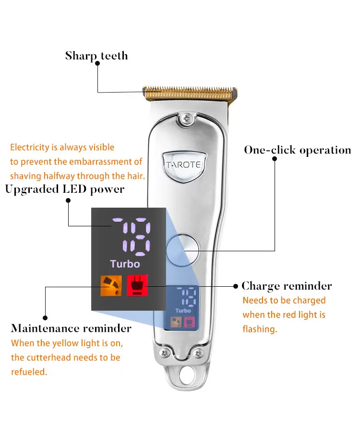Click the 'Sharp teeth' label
(x=96, y=56)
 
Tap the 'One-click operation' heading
(x=297, y=150)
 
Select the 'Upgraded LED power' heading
(x=65, y=189)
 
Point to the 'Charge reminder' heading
(x=287, y=286)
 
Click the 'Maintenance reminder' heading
(x=71, y=328)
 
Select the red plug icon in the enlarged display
(x=137, y=285)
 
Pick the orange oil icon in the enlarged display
(x=110, y=285)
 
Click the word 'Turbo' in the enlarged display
(x=125, y=264)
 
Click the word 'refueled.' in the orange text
(x=29, y=372)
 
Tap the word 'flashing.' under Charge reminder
(x=260, y=330)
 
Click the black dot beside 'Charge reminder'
(x=236, y=286)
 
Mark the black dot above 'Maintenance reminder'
(x=45, y=317)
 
